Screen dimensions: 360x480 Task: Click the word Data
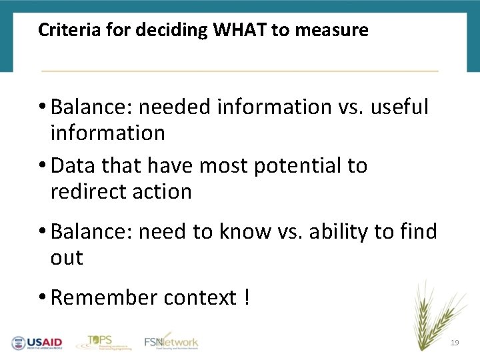(x=73, y=165)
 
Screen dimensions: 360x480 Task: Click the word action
(x=163, y=192)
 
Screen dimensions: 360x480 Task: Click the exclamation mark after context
(x=247, y=297)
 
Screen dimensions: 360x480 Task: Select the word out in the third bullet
(x=67, y=258)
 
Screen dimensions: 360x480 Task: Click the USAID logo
(x=36, y=343)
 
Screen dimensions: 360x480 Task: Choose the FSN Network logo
(x=171, y=341)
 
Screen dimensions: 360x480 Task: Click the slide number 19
(x=455, y=342)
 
